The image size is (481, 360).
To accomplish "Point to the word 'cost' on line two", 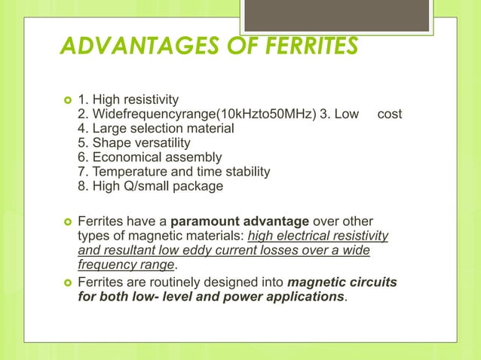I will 389,114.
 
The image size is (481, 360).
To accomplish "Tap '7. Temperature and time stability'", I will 173,172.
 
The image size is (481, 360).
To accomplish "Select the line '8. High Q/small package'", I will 150,186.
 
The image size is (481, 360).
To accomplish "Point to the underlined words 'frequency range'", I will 126,265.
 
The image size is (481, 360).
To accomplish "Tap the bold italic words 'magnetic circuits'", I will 341,282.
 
